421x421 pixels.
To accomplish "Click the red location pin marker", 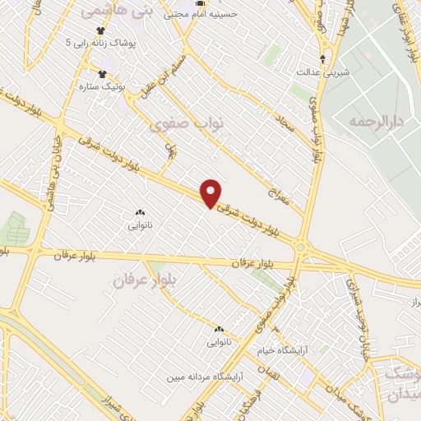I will click(x=212, y=193).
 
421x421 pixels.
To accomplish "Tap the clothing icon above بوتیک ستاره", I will click(x=104, y=72).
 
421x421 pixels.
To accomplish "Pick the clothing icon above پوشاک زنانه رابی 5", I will click(x=100, y=29).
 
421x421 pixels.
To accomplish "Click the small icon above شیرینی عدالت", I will click(x=323, y=58).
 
